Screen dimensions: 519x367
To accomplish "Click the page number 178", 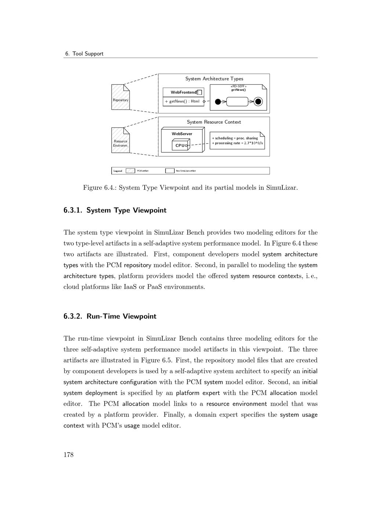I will point(69,455).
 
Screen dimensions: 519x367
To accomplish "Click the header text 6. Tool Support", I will point(84,54).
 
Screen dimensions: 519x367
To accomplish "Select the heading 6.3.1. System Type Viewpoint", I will point(115,210).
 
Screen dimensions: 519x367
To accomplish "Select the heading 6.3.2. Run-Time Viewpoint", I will point(110,316).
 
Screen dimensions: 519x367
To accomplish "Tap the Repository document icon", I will point(121,97).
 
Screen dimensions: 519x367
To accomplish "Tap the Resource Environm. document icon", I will point(121,140).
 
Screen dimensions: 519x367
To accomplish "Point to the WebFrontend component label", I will point(183,92).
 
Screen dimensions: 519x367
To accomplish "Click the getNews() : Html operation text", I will point(182,101).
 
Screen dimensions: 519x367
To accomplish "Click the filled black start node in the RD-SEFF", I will point(218,102).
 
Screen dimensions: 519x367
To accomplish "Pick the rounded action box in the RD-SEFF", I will point(237,102).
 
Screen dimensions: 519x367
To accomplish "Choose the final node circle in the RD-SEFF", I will point(258,102).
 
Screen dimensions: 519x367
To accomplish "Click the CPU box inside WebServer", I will point(180,145).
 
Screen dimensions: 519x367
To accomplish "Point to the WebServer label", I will point(182,134).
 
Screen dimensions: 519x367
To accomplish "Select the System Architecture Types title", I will point(214,79).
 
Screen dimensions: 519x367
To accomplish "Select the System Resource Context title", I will point(214,122).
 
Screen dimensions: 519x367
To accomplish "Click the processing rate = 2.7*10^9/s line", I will point(237,143).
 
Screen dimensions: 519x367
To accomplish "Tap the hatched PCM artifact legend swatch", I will point(130,171).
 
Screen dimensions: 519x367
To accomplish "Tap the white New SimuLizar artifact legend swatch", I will point(170,171).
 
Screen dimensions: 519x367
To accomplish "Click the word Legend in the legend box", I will point(118,171).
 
